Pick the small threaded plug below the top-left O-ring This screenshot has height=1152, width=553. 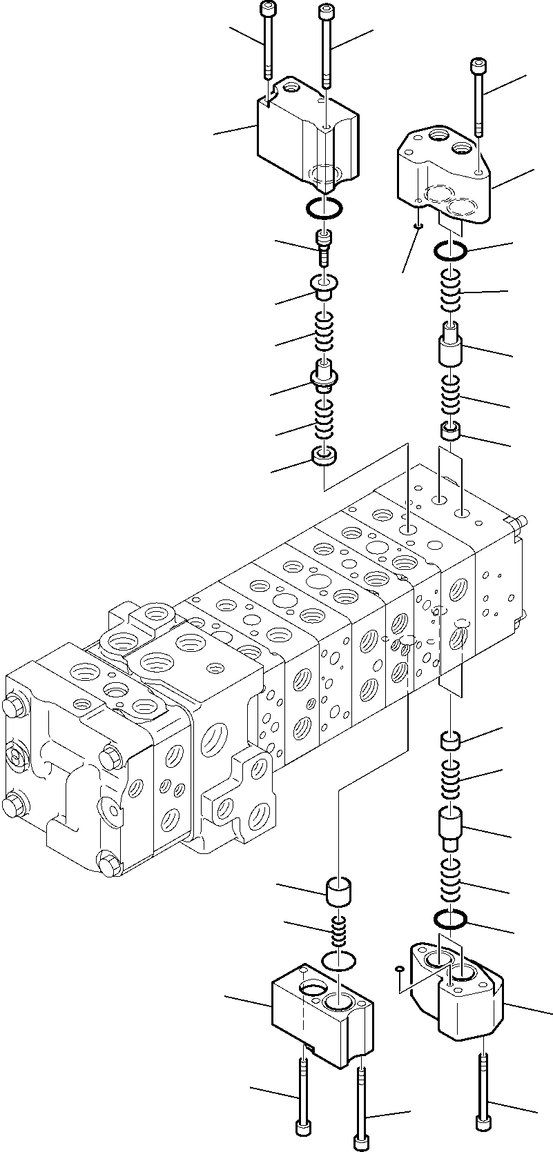click(x=323, y=246)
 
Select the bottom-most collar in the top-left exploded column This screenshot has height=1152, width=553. click(x=324, y=456)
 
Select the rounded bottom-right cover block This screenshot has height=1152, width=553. click(x=463, y=1011)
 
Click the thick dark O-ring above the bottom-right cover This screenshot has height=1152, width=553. click(x=451, y=919)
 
